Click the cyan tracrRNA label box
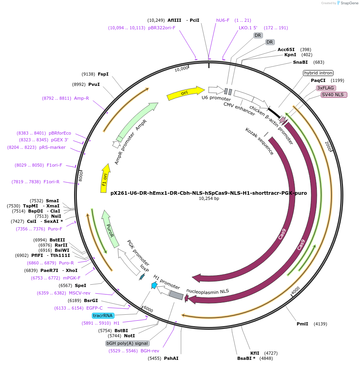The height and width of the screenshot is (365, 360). pos(103,316)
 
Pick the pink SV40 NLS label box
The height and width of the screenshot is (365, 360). pos(334,95)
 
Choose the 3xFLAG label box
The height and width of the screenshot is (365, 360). pos(326,88)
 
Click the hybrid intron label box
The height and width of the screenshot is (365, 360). pos(318,73)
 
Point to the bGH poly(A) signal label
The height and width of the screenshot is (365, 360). pos(127,343)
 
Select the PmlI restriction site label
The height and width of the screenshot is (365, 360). pos(302,324)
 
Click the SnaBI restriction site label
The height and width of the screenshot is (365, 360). pos(300,62)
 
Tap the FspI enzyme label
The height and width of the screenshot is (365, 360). pos(103,74)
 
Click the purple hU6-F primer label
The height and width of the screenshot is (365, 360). pos(223,20)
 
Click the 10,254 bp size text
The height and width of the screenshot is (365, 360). pos(208,198)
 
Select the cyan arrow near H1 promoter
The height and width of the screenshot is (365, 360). pos(154,285)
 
